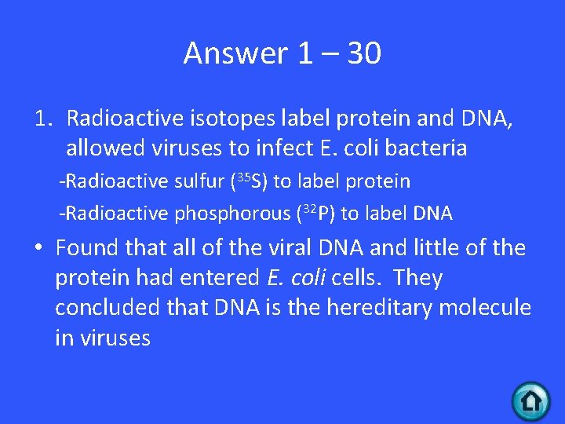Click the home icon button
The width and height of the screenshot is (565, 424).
point(531,402)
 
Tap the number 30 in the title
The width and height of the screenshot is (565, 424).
point(362,53)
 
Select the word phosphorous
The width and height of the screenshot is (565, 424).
point(232,213)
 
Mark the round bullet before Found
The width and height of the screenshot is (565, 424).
point(38,248)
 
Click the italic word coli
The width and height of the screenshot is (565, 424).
point(312,278)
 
